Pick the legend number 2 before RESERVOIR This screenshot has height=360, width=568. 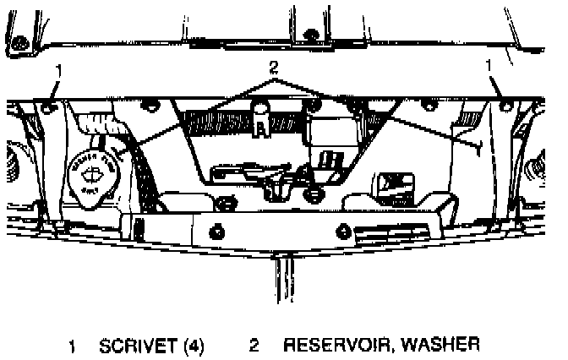pyautogui.click(x=254, y=345)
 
